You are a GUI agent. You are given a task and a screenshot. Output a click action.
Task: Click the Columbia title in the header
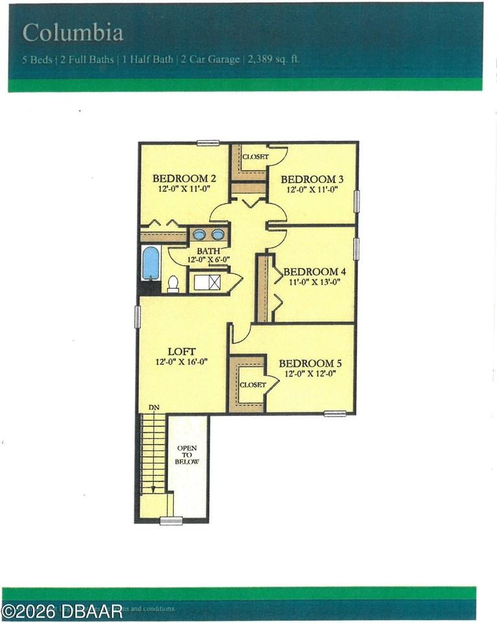(73, 32)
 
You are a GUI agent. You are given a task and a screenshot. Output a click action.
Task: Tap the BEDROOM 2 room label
(184, 178)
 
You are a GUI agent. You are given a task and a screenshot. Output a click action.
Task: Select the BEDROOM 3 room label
(312, 179)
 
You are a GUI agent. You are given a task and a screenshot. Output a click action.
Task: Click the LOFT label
(182, 352)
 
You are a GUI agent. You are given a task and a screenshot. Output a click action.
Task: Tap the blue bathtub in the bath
(151, 263)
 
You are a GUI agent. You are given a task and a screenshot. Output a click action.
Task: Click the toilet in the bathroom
(173, 284)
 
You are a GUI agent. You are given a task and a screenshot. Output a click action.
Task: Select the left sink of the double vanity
(200, 234)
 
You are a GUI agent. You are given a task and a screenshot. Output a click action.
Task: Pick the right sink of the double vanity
(218, 234)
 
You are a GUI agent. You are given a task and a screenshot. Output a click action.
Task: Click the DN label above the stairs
(154, 408)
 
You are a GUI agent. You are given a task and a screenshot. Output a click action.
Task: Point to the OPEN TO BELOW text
(187, 455)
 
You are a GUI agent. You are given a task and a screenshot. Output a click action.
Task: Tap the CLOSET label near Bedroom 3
(255, 157)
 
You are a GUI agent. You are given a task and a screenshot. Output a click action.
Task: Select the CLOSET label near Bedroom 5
(252, 385)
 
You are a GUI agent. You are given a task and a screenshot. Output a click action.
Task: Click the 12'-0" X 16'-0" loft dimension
(182, 362)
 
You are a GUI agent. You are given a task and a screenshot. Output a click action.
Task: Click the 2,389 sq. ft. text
(273, 60)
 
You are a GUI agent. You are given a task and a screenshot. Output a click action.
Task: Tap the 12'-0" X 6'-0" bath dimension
(209, 260)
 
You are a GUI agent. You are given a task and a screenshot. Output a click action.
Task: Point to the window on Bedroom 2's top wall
(208, 143)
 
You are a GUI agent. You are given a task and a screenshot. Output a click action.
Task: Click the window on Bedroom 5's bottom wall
(335, 413)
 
